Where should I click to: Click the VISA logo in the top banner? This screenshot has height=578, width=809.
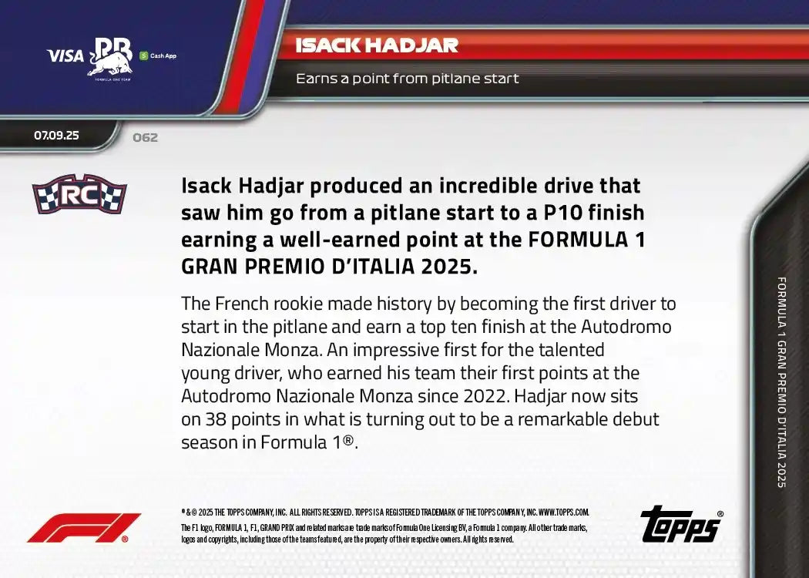coord(65,55)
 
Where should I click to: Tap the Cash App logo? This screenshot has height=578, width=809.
coord(159,55)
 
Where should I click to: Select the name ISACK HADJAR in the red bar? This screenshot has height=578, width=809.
coord(377,45)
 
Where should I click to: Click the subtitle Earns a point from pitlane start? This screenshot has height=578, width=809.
coord(407,79)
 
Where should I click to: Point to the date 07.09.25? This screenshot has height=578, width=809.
coord(56,135)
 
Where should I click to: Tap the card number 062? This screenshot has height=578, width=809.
coord(145,138)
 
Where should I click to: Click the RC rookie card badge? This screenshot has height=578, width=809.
coord(79,194)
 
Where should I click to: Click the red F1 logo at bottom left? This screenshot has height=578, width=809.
coord(83,528)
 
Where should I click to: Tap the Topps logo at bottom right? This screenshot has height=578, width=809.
coord(680,525)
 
